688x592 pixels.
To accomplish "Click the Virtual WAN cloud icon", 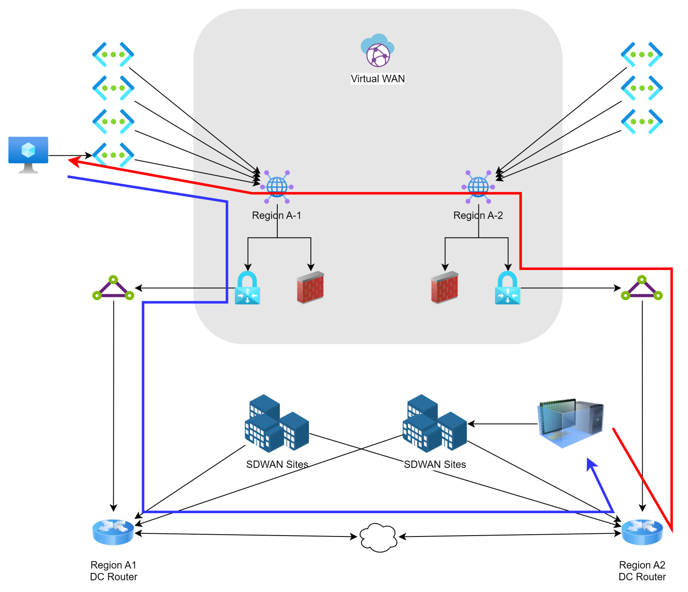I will tap(378, 50).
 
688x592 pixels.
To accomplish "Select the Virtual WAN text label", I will tap(378, 79).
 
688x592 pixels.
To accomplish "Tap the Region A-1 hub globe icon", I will tap(277, 186).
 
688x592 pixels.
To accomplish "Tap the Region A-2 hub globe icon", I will tap(478, 186).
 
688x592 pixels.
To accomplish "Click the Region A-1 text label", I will tap(276, 215).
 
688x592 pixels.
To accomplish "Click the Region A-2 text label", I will tap(478, 215).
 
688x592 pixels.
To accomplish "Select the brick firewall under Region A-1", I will tap(310, 287).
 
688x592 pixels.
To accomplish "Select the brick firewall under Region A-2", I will tap(444, 287).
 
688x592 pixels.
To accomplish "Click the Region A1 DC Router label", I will tap(114, 571).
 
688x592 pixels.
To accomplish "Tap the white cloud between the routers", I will tap(378, 537).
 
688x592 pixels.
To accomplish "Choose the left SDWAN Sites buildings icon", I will tap(277, 423).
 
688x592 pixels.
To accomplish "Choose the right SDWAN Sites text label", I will tap(435, 464).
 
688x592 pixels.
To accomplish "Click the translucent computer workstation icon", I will tap(571, 423).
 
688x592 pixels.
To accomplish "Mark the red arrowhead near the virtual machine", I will tap(73, 161).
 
